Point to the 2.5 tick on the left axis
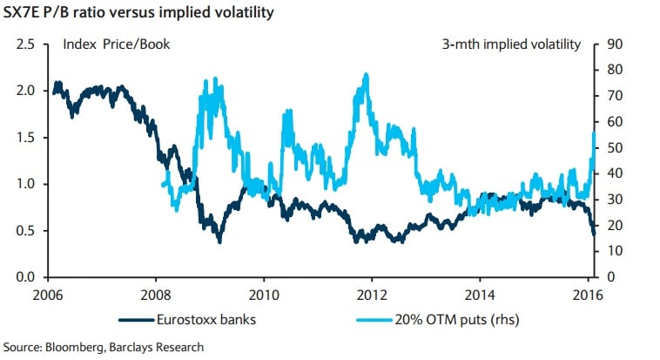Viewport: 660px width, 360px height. tap(28, 44)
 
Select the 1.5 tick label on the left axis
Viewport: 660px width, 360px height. tap(28, 137)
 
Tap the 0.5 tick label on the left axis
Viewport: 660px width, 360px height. tap(28, 230)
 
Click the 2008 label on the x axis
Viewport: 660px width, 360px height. tap(155, 293)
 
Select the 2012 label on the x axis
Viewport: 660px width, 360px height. tap(373, 293)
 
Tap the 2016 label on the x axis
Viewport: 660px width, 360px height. tap(589, 293)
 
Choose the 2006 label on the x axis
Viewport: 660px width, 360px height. tap(48, 293)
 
